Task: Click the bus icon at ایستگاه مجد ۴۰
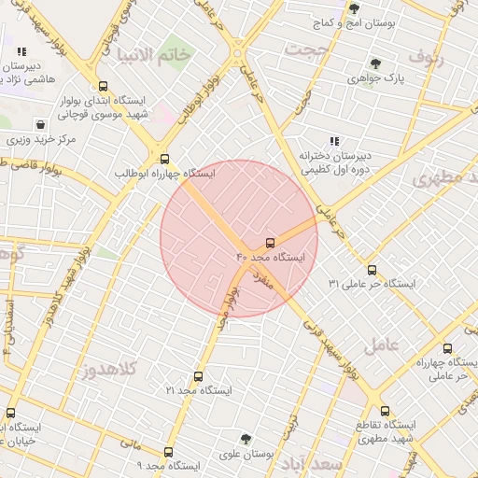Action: [x=271, y=242]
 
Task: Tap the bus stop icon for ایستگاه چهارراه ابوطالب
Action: [x=165, y=159]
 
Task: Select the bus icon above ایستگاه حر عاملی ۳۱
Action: [x=372, y=270]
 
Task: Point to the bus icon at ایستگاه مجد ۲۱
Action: [x=197, y=376]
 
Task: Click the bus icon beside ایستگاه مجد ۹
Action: [x=168, y=453]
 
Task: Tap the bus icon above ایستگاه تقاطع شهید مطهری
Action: [x=385, y=411]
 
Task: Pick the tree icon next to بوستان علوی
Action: [x=246, y=438]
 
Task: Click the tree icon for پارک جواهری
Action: [x=375, y=64]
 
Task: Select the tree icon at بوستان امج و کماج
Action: [x=354, y=7]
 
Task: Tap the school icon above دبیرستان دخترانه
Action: [x=334, y=141]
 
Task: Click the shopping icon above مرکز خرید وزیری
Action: [x=40, y=124]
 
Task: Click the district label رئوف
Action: [x=455, y=61]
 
